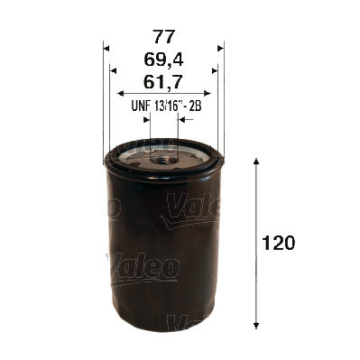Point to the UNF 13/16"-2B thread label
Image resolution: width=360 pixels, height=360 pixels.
point(163,106)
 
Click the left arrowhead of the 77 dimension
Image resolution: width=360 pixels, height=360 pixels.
point(107,46)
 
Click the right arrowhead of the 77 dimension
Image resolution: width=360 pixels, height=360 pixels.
point(219,46)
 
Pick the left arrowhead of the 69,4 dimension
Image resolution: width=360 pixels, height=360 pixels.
point(114,69)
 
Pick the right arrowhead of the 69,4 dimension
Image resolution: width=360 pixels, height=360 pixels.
point(213,69)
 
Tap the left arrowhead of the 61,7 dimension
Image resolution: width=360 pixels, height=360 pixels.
point(121,93)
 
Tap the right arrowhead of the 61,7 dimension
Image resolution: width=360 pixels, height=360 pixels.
point(207,93)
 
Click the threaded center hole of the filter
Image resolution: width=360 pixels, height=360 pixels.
point(163,156)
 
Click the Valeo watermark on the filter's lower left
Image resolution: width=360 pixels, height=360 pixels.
point(143,267)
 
